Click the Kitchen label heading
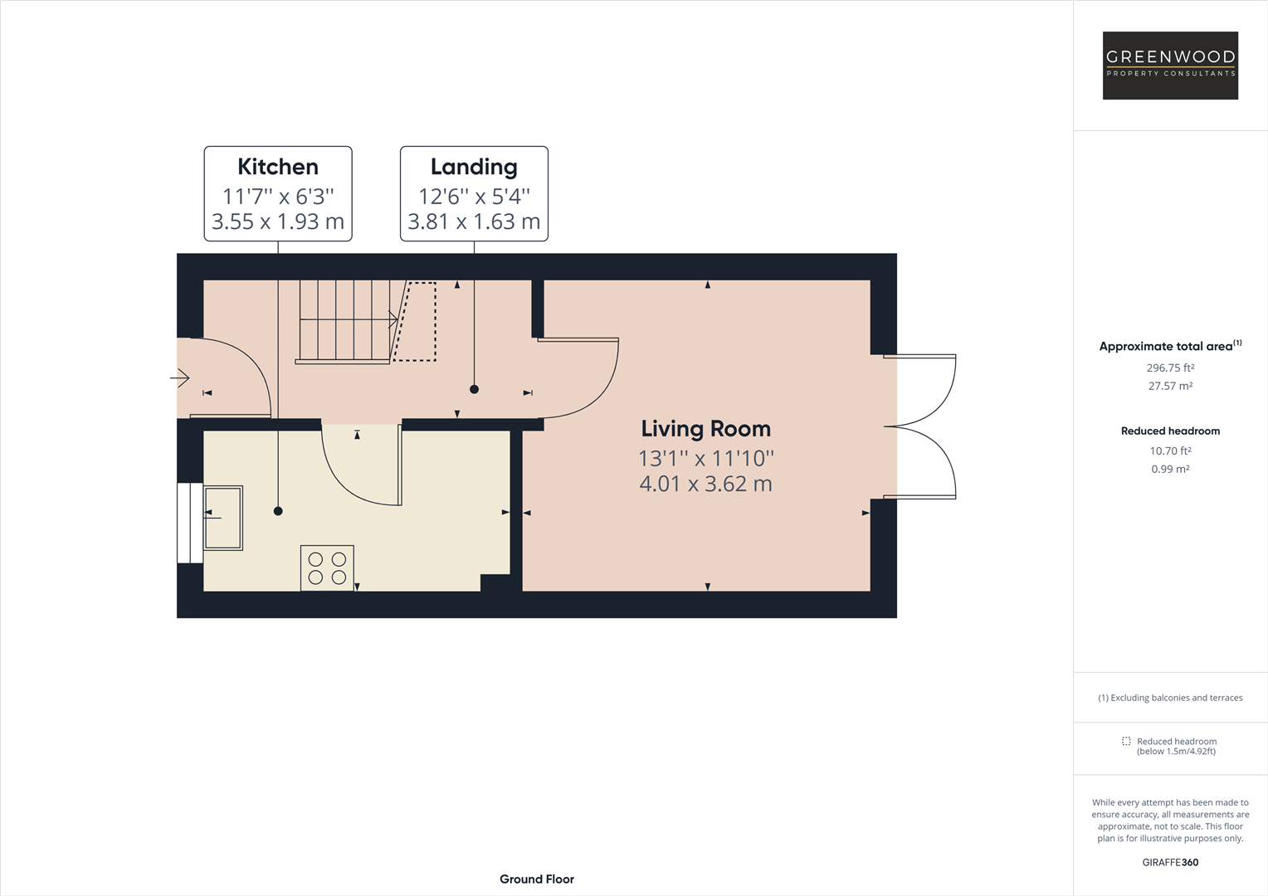[x=278, y=167]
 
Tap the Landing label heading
[x=474, y=167]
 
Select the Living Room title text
[x=706, y=428]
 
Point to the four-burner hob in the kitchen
[x=327, y=568]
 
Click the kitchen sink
[x=223, y=518]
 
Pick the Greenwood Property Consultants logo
[x=1170, y=66]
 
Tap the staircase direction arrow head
[x=393, y=319]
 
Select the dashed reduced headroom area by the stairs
[x=415, y=321]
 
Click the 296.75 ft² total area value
[x=1170, y=368]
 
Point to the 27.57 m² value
[x=1170, y=386]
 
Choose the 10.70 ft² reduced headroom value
[x=1170, y=451]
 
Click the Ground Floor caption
[x=537, y=879]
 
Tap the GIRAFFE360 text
[x=1170, y=863]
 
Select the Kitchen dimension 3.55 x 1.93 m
[x=278, y=222]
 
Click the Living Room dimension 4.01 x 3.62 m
[x=706, y=484]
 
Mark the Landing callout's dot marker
[x=475, y=389]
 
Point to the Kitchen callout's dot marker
[x=278, y=511]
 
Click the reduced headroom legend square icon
[x=1126, y=742]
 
